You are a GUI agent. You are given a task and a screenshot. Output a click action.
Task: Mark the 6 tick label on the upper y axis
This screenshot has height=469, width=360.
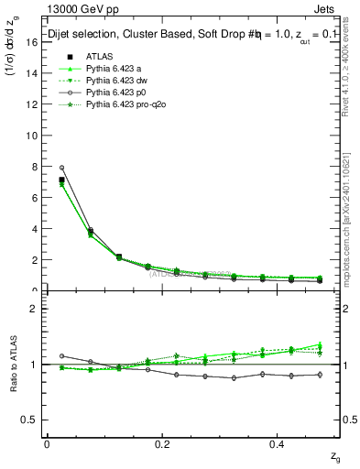(33, 197)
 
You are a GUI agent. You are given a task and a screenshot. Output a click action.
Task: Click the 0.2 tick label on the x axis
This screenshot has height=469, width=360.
(163, 443)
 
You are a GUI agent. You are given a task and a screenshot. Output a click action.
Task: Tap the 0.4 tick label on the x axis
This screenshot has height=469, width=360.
(280, 443)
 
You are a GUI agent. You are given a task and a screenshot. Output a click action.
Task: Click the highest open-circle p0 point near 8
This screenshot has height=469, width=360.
(61, 168)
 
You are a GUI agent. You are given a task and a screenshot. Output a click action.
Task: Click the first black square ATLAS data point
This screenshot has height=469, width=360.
(61, 180)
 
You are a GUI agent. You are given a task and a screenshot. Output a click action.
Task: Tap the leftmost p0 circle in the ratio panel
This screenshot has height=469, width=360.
(61, 355)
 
